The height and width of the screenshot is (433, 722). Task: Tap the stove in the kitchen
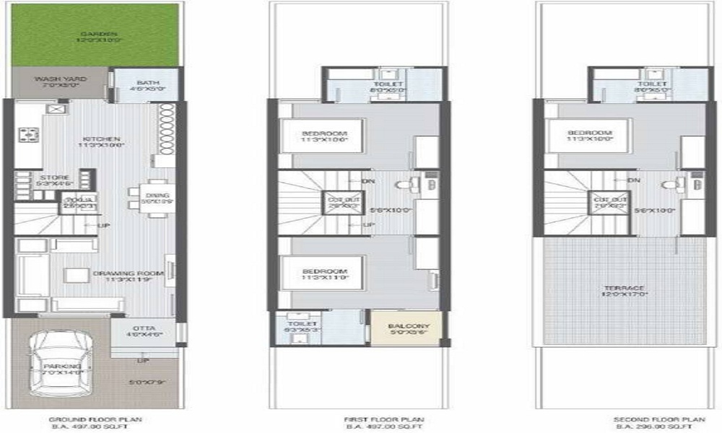31,133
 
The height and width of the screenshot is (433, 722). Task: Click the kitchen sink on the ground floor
56,109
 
